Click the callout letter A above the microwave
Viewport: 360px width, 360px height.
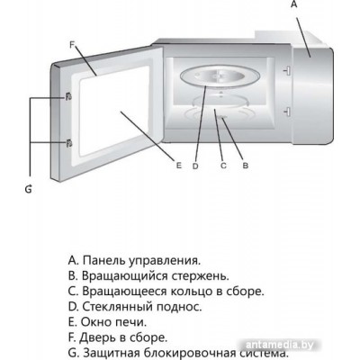pyautogui.click(x=294, y=4)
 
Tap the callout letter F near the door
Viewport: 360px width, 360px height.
pyautogui.click(x=72, y=45)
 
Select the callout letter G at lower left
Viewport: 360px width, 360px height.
pyautogui.click(x=28, y=189)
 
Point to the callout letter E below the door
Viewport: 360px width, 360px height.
pyautogui.click(x=179, y=165)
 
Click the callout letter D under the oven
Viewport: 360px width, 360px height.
pyautogui.click(x=195, y=166)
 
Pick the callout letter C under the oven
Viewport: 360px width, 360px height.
pyautogui.click(x=223, y=166)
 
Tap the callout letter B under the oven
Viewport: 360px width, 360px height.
pyautogui.click(x=246, y=166)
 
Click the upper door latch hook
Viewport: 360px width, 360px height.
pyautogui.click(x=68, y=96)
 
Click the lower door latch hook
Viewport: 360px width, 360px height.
pyautogui.click(x=68, y=143)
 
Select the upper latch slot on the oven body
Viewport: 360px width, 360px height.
pyautogui.click(x=287, y=70)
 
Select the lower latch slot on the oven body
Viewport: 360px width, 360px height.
pyautogui.click(x=287, y=112)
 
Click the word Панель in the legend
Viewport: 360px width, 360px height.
pyautogui.click(x=103, y=260)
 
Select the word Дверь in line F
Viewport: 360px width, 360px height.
pyautogui.click(x=98, y=337)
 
